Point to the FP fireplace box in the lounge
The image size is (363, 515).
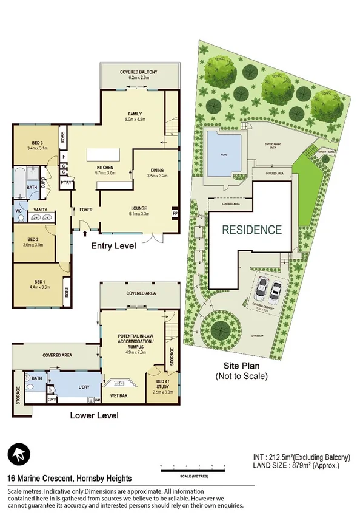click(x=175, y=214)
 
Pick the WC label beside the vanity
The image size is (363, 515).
click(x=19, y=211)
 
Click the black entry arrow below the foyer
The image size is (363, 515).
click(x=84, y=231)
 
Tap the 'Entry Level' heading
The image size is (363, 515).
click(x=113, y=247)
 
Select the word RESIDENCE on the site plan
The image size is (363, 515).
click(x=251, y=230)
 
